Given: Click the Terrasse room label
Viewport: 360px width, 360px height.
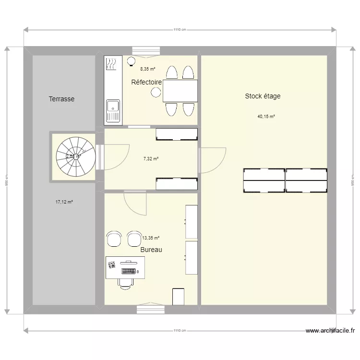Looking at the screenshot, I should coord(61,99).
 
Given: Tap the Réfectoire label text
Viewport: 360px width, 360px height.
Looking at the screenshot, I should coord(146,83).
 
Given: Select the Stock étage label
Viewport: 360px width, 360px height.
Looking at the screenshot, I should coord(263,96).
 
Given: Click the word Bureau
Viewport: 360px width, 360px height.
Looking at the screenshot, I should coord(151,250).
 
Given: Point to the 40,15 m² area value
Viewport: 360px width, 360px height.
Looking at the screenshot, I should coord(266,117).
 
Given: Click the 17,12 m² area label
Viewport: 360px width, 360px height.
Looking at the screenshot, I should coord(64,202).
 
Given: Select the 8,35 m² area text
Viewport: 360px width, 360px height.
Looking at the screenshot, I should coord(147,69).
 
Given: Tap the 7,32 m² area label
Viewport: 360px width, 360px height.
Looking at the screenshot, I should coord(151,159).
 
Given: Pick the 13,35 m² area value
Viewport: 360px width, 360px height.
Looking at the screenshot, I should coord(151,237).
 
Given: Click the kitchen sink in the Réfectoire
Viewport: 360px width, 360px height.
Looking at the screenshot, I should coord(113,111).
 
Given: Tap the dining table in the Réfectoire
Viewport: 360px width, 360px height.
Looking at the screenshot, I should coord(180,91).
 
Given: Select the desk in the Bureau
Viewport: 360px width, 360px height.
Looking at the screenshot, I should coord(125,268).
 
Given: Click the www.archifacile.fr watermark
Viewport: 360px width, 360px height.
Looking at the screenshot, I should coord(331,330).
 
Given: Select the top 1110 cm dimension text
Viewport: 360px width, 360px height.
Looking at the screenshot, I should coord(180,29).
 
